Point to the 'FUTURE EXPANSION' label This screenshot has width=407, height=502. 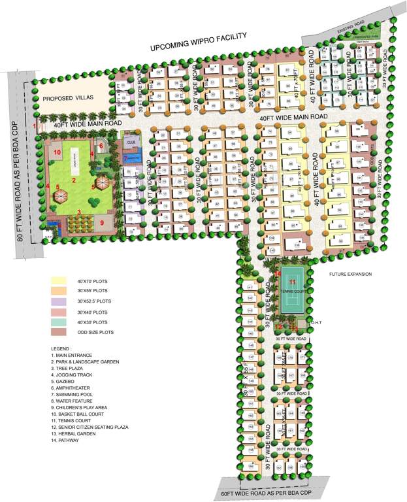(x=351, y=274)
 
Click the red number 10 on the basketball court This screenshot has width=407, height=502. (x=57, y=152)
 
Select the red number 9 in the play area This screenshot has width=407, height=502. (x=103, y=222)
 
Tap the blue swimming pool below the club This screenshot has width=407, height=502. (x=133, y=158)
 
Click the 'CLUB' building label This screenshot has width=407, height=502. (x=131, y=141)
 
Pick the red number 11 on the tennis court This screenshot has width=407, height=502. (x=293, y=282)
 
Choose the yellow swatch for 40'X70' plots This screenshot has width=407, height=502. (x=60, y=280)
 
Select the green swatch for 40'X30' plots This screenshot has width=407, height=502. (x=60, y=322)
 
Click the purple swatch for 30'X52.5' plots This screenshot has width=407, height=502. (x=60, y=301)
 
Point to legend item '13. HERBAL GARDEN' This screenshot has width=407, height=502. (x=76, y=434)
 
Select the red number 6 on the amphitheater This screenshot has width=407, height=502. (x=101, y=146)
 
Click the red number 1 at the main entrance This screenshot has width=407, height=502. (x=35, y=125)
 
